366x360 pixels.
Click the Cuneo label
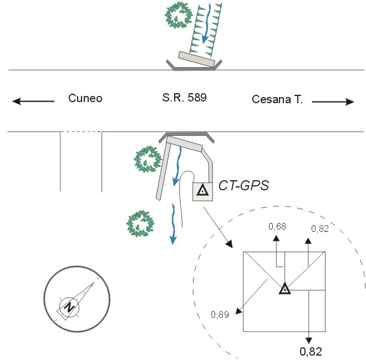click(85, 99)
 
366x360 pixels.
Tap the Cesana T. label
click(277, 99)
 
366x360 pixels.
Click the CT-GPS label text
click(244, 185)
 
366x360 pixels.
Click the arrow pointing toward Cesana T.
click(333, 102)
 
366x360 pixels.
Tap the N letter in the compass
click(68, 306)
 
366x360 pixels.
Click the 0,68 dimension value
click(277, 226)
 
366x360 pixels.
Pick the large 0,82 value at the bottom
click(311, 351)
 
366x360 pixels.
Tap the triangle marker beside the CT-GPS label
click(203, 191)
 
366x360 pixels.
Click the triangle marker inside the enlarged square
click(284, 288)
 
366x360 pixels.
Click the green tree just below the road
click(146, 159)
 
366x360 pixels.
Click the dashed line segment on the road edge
click(81, 132)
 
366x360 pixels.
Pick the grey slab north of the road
click(197, 60)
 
